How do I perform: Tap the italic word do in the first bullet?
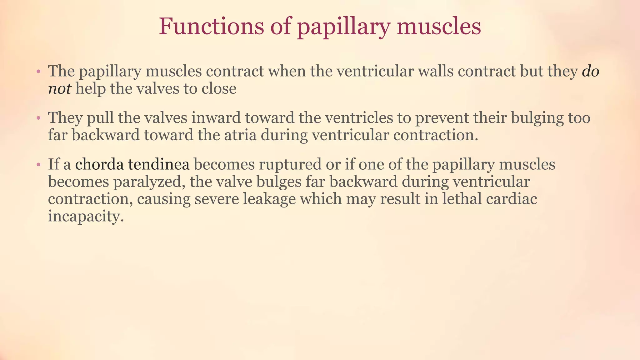pos(590,71)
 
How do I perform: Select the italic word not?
pos(59,89)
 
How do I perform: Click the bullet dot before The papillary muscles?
pos(38,72)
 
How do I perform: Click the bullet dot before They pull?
pos(38,118)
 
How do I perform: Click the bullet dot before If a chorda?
pos(38,165)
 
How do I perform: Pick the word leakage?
pos(269,199)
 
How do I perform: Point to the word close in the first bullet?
pos(219,89)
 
